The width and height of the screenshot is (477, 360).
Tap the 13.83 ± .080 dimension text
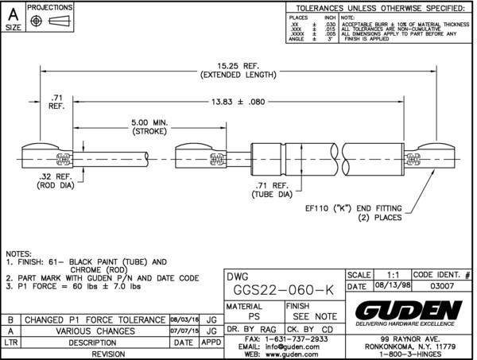[x=238, y=102]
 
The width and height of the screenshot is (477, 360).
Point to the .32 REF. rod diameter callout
[x=55, y=181]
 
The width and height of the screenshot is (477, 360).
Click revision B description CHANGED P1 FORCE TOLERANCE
[x=94, y=319]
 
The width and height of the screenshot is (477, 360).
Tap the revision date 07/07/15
[x=184, y=331]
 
